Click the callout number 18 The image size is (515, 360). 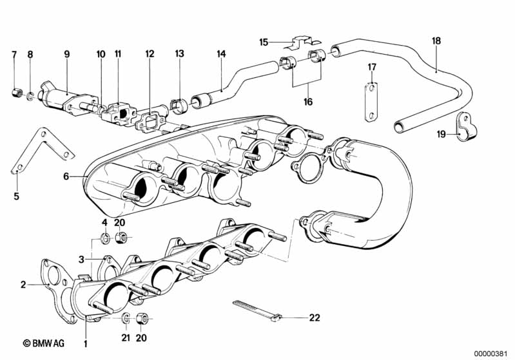(436, 41)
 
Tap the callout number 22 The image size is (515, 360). (314, 317)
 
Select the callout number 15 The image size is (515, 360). (264, 43)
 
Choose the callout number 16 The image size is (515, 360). (307, 102)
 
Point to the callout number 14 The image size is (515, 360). (221, 55)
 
